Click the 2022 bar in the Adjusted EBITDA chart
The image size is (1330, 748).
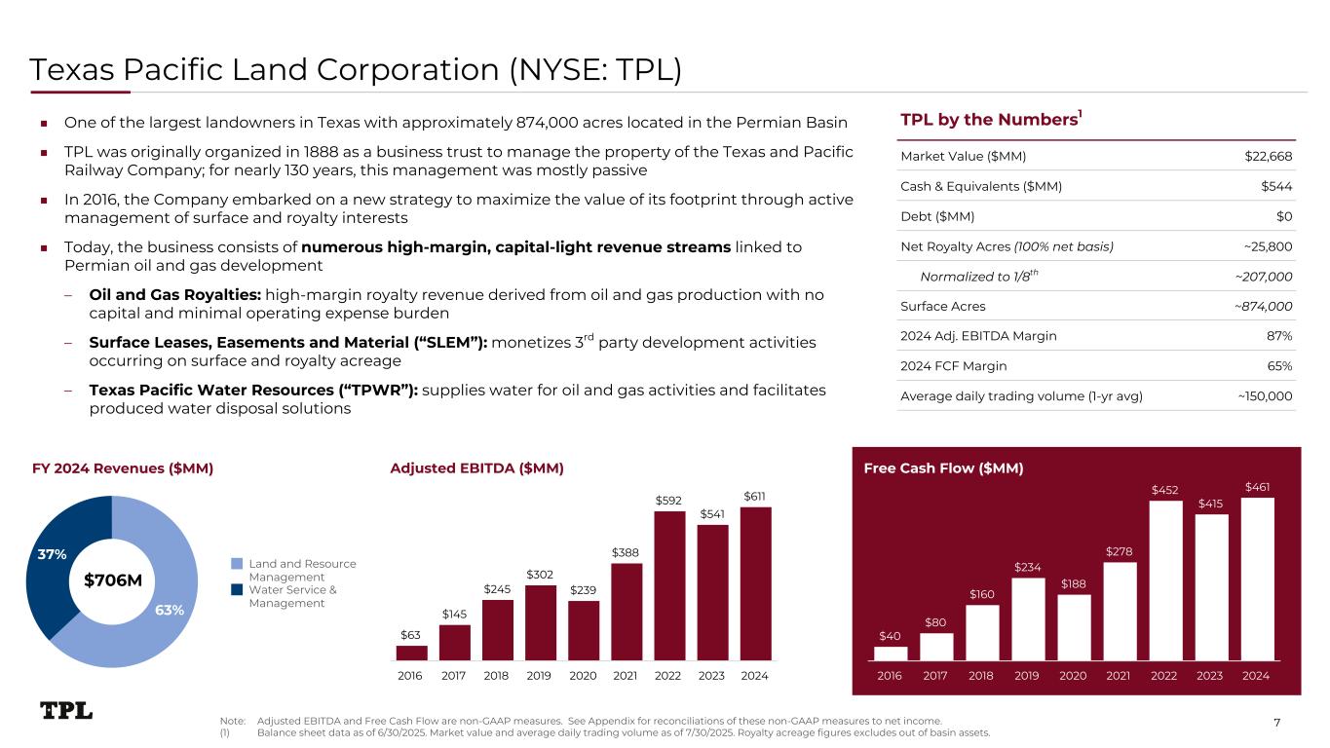click(x=669, y=585)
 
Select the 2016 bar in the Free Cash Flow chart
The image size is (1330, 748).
click(x=891, y=654)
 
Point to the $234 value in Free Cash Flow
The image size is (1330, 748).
click(x=1028, y=567)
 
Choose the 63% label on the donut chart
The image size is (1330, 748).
click(x=169, y=610)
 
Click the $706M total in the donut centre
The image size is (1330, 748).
click(x=113, y=581)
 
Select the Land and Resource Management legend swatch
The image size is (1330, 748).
click(x=236, y=564)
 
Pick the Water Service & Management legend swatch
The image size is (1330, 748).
click(x=236, y=589)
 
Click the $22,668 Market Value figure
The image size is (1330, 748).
click(x=1269, y=156)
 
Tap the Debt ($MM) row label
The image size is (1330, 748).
click(x=937, y=216)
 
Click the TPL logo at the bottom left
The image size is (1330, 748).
click(x=66, y=711)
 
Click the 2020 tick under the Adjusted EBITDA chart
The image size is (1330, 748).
click(x=584, y=675)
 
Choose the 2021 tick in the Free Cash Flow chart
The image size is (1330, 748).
click(x=1119, y=675)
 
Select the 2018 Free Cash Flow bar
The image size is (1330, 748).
click(x=982, y=632)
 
